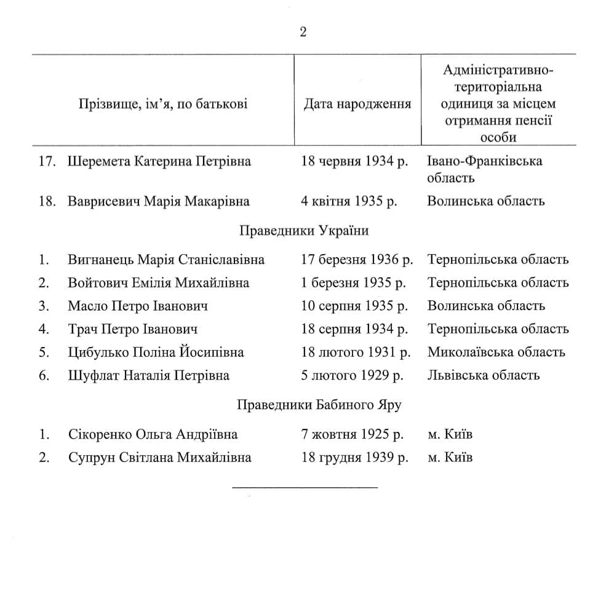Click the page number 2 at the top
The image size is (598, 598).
pos(303,32)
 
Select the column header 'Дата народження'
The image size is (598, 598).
pos(357,103)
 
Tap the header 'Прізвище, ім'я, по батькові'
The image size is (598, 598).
pos(163,103)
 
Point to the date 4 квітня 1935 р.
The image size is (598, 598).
pos(349,201)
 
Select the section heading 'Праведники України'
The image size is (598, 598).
pos(304,231)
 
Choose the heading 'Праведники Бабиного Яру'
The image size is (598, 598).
pos(319,405)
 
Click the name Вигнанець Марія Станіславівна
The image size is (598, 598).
pos(166,260)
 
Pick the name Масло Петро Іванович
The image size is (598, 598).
pos(138,306)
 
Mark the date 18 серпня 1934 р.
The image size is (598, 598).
pos(354,329)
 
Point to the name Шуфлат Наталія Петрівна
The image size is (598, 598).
pos(148,375)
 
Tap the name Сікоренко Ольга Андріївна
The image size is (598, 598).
pos(153,434)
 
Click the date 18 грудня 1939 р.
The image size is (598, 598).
pos(354,458)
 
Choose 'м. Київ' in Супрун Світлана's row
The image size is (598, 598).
pos(450,458)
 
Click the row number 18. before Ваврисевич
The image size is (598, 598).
pos(48,201)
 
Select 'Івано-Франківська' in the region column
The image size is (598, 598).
pos(484,162)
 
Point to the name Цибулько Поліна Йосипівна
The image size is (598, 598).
pos(156,353)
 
